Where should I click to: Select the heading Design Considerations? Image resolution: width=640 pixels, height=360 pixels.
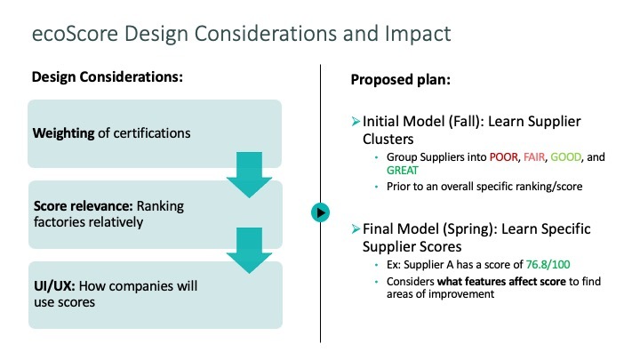click(108, 76)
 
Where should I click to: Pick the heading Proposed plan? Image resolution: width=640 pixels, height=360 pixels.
click(400, 79)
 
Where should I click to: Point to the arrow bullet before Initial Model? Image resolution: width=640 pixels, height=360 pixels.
click(356, 120)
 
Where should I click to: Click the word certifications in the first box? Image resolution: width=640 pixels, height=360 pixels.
click(159, 133)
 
